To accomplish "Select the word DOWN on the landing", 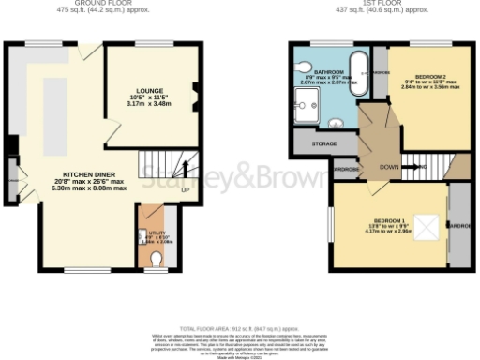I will click(x=384, y=167).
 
